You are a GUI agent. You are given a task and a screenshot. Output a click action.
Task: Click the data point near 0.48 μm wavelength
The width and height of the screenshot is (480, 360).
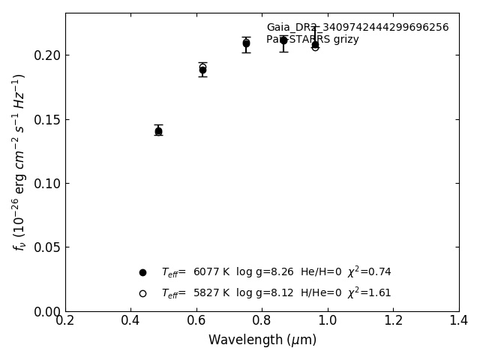[x=158, y=130]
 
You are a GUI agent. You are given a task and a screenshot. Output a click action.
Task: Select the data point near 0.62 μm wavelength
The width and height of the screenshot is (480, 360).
[x=202, y=69]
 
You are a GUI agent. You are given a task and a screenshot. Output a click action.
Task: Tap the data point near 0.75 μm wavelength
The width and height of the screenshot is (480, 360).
[x=246, y=43]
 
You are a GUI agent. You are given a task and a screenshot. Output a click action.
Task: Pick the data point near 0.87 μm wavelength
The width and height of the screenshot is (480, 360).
[x=283, y=40]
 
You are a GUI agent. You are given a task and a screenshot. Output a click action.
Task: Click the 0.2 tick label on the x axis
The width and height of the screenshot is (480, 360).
[x=65, y=321]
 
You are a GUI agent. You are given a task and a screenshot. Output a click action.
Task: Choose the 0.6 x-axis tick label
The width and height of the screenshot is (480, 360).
[x=196, y=321]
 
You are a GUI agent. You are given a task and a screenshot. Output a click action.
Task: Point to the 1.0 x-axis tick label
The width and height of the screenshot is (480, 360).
[x=328, y=321]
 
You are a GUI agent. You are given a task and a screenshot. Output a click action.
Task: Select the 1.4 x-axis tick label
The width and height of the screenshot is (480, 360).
[x=459, y=321]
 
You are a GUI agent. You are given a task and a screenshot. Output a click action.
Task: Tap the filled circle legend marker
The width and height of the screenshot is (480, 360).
[x=142, y=272]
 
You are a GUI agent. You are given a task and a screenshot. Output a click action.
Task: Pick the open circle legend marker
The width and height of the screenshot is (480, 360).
[x=142, y=293]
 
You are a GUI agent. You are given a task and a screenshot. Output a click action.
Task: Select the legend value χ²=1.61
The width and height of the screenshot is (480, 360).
[x=369, y=292]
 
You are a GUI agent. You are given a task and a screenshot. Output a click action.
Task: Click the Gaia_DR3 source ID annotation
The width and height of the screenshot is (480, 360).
[x=357, y=28]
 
